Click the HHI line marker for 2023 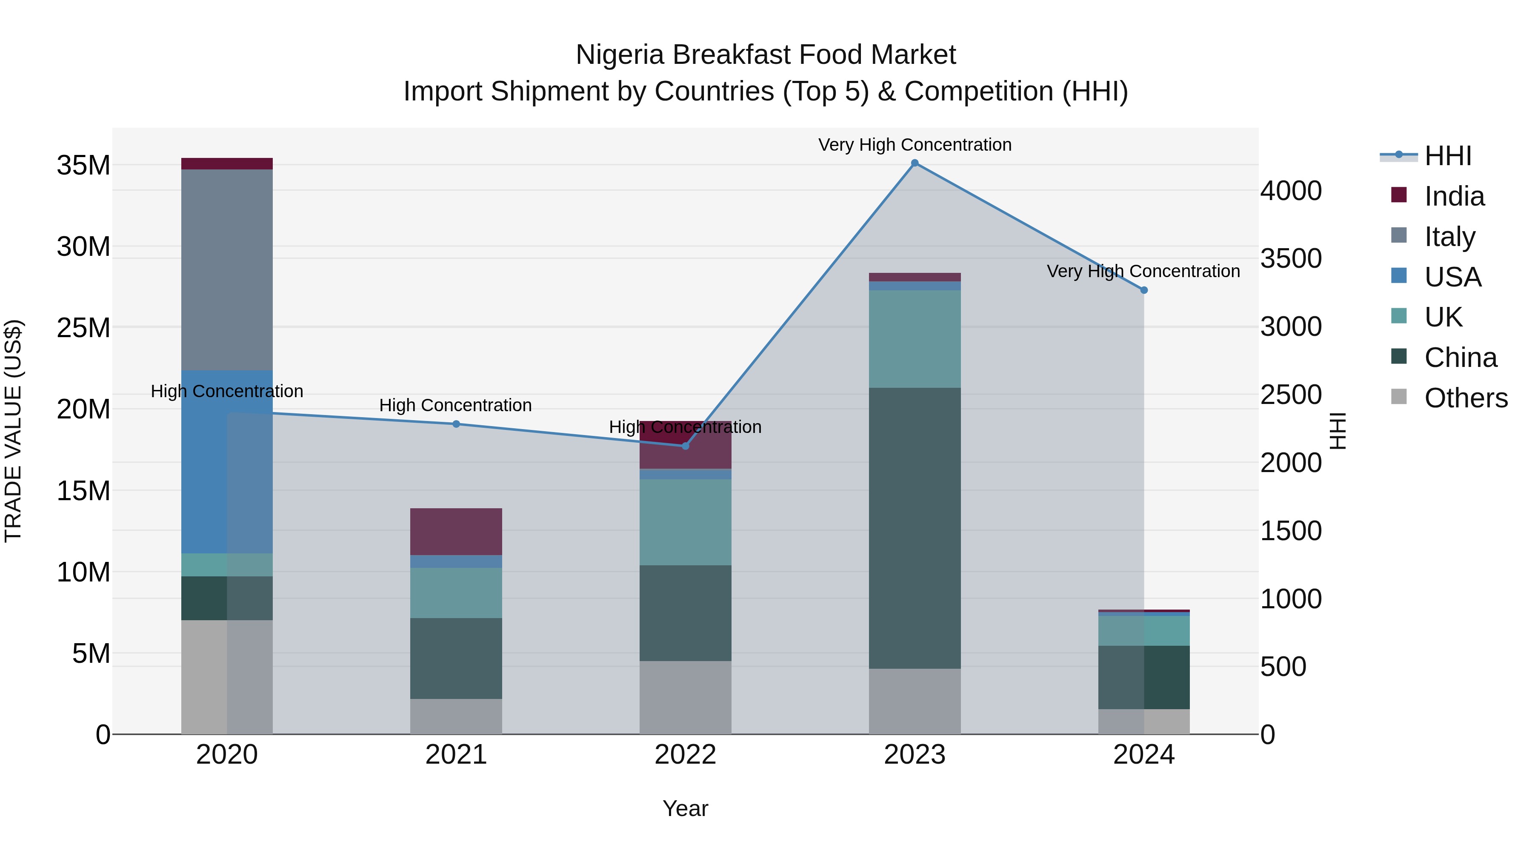915,163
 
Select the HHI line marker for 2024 1143,290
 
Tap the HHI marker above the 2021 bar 456,424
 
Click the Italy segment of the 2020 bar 226,269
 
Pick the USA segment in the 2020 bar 226,461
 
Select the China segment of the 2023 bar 915,528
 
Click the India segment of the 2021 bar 456,531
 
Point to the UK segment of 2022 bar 685,522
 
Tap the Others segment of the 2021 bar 456,716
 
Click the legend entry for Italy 1449,236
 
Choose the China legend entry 1460,358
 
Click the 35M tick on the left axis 83,166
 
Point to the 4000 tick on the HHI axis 1291,191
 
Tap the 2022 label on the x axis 685,755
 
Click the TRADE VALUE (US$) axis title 13,431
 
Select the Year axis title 685,808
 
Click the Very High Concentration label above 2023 915,145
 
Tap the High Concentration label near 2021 455,405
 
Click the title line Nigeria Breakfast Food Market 766,55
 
